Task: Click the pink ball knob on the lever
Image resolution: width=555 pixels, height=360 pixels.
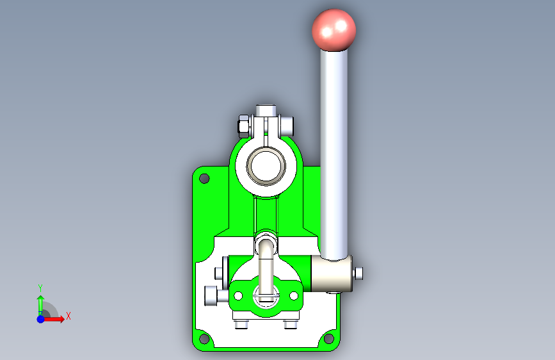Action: (334, 30)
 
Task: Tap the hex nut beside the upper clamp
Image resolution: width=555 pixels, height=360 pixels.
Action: (243, 126)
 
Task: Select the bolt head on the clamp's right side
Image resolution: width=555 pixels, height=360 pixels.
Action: (287, 126)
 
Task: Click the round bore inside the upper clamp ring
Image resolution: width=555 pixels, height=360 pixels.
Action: (266, 166)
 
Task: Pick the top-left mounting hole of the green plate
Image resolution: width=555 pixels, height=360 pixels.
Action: (204, 178)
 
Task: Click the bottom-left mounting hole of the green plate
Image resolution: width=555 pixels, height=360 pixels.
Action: (204, 338)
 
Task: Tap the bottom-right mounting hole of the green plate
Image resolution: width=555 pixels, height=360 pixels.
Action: (329, 338)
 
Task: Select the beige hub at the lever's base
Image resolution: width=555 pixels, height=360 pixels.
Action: (332, 274)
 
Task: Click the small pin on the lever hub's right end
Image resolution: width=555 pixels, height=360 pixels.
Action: (358, 274)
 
